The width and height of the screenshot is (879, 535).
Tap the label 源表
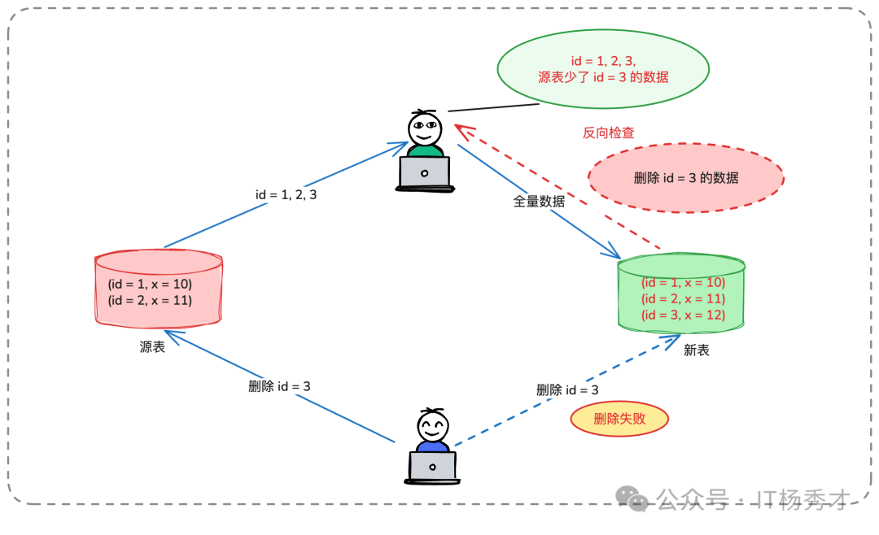click(x=152, y=347)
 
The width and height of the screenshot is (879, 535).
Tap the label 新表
click(x=696, y=350)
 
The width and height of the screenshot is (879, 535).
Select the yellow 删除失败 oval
click(x=619, y=419)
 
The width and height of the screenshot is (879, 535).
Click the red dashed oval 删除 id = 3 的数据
click(x=685, y=178)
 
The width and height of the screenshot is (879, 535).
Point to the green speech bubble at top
click(x=603, y=69)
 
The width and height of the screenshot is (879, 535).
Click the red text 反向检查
click(x=608, y=133)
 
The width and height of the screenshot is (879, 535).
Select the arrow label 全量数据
click(x=539, y=202)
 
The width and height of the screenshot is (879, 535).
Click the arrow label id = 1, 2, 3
click(x=286, y=195)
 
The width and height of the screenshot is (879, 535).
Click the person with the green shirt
click(x=425, y=134)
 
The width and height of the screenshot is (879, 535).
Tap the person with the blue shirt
click(x=432, y=431)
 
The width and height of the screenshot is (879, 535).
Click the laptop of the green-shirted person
click(x=424, y=173)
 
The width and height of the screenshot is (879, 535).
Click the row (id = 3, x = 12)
click(x=683, y=315)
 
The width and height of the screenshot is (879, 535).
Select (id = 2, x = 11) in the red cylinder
click(x=150, y=300)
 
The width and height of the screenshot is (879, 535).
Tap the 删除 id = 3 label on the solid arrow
click(x=279, y=386)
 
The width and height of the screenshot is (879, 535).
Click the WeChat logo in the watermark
click(x=632, y=498)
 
